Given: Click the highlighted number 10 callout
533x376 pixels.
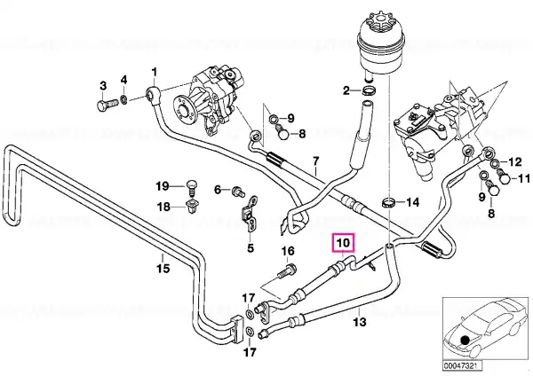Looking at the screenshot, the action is (x=343, y=243).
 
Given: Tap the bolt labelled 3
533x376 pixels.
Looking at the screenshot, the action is (x=106, y=104).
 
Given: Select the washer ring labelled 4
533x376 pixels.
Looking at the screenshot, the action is (x=124, y=99).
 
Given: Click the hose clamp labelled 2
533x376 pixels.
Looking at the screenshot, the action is (x=370, y=90).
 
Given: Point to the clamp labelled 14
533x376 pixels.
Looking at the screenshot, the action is (x=389, y=202).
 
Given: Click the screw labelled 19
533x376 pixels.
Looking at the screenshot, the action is (x=191, y=189).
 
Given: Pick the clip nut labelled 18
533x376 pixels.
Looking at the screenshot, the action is (x=191, y=206).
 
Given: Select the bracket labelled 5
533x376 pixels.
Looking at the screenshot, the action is (x=250, y=215).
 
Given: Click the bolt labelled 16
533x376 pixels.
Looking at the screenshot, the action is (x=287, y=270).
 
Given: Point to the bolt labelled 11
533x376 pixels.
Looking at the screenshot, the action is (x=504, y=176).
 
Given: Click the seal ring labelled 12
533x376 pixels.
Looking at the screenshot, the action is (x=496, y=164).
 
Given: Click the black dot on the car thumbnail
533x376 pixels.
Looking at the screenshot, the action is (x=465, y=340).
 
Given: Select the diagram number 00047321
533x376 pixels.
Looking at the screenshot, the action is (x=462, y=366).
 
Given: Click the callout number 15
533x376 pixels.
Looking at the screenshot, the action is (x=163, y=269).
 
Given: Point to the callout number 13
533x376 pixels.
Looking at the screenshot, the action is (x=360, y=321).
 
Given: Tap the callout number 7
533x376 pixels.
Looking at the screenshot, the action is (x=315, y=161).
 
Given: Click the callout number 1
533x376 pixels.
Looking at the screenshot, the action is (x=155, y=73).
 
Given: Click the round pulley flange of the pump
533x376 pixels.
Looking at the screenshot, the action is (x=184, y=109).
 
